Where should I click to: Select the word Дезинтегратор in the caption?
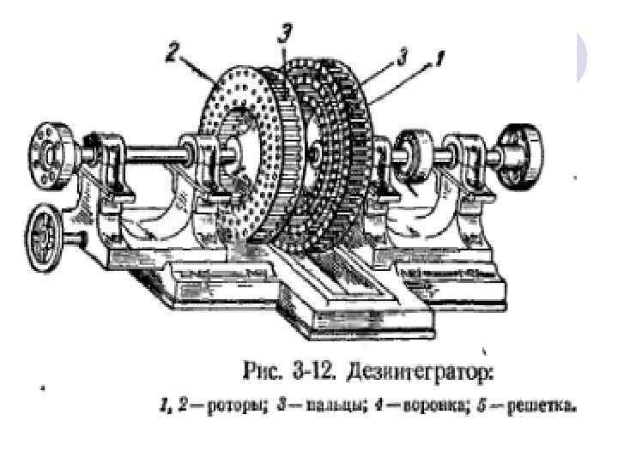pyautogui.click(x=423, y=373)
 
